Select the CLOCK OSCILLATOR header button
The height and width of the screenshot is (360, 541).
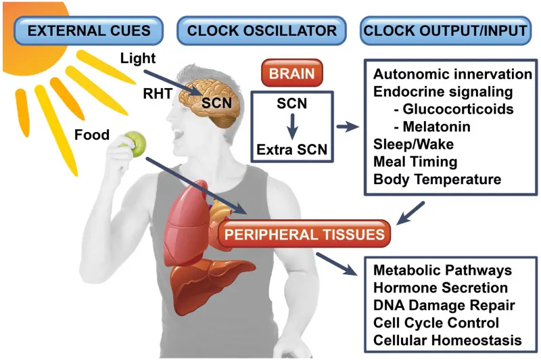pyautogui.click(x=262, y=30)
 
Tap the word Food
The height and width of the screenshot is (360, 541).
pyautogui.click(x=91, y=135)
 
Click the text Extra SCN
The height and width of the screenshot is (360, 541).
pyautogui.click(x=292, y=148)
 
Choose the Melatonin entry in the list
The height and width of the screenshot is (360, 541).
pyautogui.click(x=431, y=127)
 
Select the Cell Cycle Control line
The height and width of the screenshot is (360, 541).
pyautogui.click(x=436, y=321)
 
